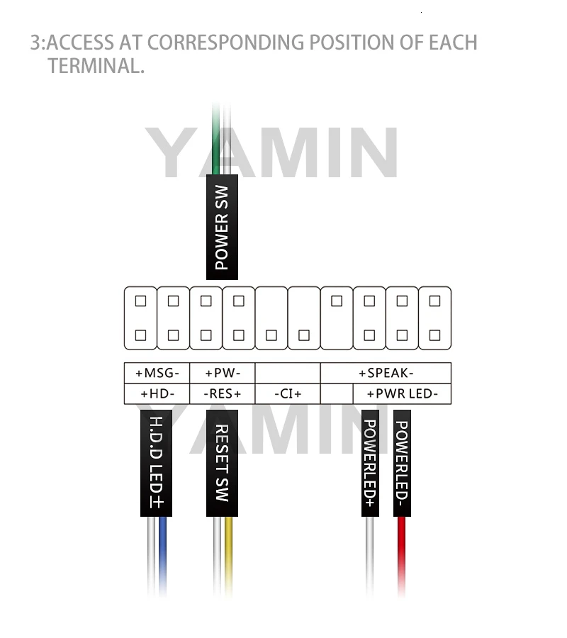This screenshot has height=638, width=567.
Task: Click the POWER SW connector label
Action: (x=222, y=227)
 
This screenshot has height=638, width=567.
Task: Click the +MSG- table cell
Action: (x=157, y=373)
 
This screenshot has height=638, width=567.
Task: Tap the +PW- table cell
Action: (x=222, y=373)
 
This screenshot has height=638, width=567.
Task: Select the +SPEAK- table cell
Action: (x=386, y=373)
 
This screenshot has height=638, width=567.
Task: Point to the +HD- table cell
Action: (x=157, y=394)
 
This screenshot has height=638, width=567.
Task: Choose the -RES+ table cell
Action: (x=222, y=394)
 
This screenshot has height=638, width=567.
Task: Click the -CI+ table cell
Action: (x=287, y=394)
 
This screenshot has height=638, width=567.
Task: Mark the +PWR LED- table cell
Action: (x=402, y=394)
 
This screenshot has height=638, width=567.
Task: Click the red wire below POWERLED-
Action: (x=402, y=553)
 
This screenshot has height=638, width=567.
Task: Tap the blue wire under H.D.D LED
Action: (x=164, y=553)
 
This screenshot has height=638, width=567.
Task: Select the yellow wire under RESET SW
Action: (x=228, y=553)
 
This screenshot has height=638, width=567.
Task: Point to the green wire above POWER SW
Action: (x=217, y=138)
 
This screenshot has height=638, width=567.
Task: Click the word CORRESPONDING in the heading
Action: (x=225, y=42)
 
